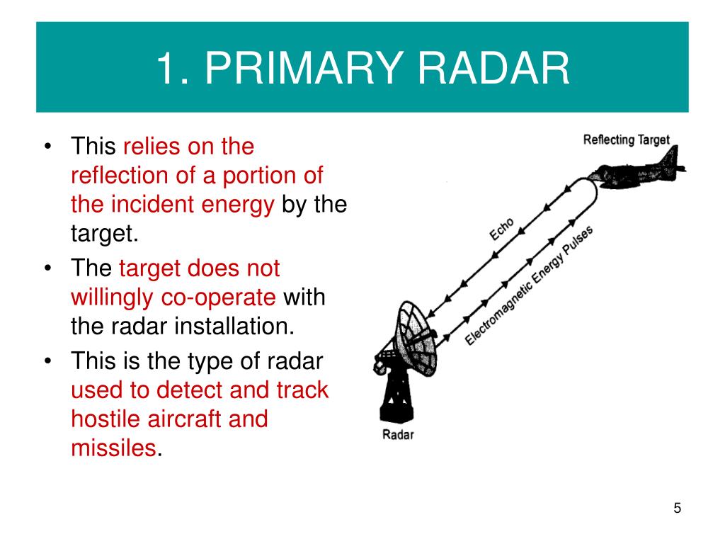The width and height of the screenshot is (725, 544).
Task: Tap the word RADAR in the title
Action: [x=493, y=68]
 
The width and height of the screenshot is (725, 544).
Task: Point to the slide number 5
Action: [x=678, y=508]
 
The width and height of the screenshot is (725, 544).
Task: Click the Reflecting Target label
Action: [x=626, y=140]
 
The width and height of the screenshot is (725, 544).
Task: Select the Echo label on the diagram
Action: [x=502, y=229]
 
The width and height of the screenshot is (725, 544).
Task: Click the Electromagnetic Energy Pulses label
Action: [x=528, y=285]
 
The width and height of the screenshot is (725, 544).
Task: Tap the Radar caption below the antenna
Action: [x=398, y=434]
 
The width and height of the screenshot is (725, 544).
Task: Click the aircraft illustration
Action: [x=636, y=169]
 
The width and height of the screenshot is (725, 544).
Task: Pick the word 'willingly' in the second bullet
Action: [x=112, y=298]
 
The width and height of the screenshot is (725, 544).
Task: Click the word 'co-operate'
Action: [x=218, y=298]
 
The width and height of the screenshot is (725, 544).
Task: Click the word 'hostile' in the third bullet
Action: [x=105, y=419]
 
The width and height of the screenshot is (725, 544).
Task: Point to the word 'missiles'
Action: [x=114, y=448]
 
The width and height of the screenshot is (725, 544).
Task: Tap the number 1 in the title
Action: [x=166, y=68]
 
